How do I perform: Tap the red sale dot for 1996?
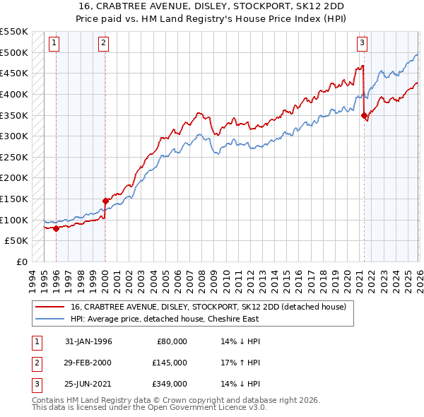[x=56, y=228]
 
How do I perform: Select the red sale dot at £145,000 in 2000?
[x=105, y=201]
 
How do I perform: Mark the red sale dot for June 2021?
[x=365, y=115]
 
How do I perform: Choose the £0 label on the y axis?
[x=20, y=262]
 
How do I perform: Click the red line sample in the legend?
[x=49, y=307]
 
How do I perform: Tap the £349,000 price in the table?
[x=170, y=384]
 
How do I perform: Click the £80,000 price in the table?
[x=172, y=341]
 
